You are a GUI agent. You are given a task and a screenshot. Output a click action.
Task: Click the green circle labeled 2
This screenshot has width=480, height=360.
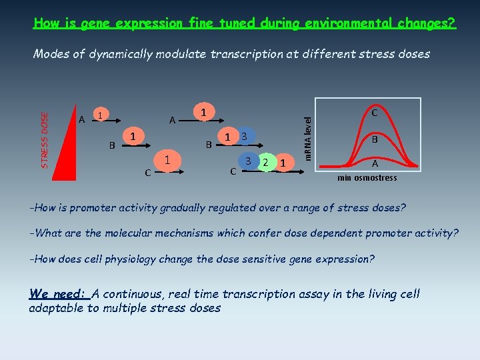[265, 162]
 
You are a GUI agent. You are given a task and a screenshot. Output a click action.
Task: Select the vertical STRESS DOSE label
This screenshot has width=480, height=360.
[45, 139]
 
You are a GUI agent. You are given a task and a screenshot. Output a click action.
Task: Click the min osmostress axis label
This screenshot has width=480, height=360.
[367, 178]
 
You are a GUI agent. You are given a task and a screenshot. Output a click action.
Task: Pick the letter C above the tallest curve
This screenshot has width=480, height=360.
[375, 113]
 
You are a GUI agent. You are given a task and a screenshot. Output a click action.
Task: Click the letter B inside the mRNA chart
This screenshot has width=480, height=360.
[375, 140]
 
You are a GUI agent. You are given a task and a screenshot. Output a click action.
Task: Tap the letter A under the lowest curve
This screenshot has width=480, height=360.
[375, 163]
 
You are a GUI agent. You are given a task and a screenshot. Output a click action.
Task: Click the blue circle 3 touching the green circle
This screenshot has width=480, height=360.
[248, 161]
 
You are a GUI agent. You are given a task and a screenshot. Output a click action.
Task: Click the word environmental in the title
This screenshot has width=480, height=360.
[344, 23]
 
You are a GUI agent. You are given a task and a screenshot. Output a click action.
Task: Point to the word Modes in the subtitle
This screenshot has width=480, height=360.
[51, 54]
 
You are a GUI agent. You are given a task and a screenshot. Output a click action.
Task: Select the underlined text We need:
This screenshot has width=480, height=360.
[59, 294]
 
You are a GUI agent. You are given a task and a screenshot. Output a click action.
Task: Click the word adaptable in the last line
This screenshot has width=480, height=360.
[55, 308]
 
